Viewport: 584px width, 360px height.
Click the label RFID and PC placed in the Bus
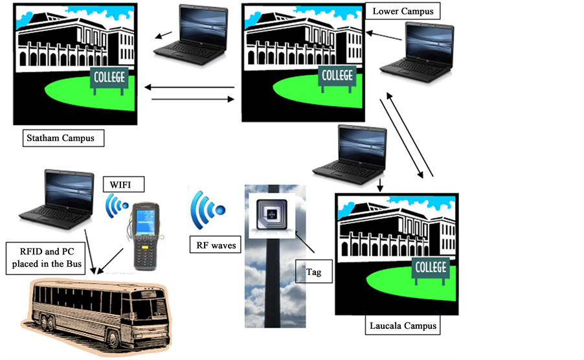tap(45, 258)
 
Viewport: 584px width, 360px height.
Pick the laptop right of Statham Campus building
tap(194, 31)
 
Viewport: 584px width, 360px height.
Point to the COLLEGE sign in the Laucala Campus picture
tap(430, 267)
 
